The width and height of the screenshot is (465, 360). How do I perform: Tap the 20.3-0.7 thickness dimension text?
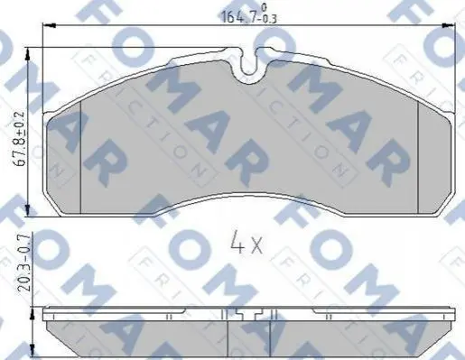(x=25, y=263)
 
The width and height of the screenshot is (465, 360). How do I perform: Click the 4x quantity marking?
(x=246, y=245)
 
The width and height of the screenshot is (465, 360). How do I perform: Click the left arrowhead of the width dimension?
(x=50, y=26)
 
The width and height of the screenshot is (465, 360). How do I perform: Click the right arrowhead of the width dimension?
(x=448, y=26)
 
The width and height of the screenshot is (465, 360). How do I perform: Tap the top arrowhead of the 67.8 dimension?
(x=28, y=55)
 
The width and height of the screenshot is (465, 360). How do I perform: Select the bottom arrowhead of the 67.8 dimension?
(x=28, y=209)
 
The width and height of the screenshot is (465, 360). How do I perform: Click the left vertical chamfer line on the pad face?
(x=80, y=157)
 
